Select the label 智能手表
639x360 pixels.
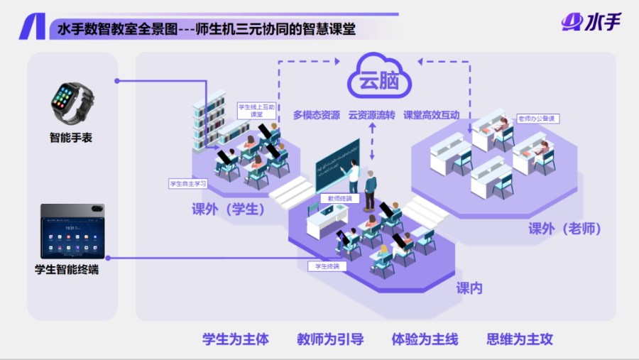click(x=71, y=138)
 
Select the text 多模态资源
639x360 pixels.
click(x=316, y=115)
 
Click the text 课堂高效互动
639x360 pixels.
click(x=431, y=115)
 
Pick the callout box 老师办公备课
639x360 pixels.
click(x=538, y=118)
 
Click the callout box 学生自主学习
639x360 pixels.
click(x=187, y=183)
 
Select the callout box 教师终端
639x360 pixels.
click(x=336, y=198)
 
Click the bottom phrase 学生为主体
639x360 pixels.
click(x=236, y=339)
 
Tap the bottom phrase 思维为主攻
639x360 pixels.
click(x=520, y=339)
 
